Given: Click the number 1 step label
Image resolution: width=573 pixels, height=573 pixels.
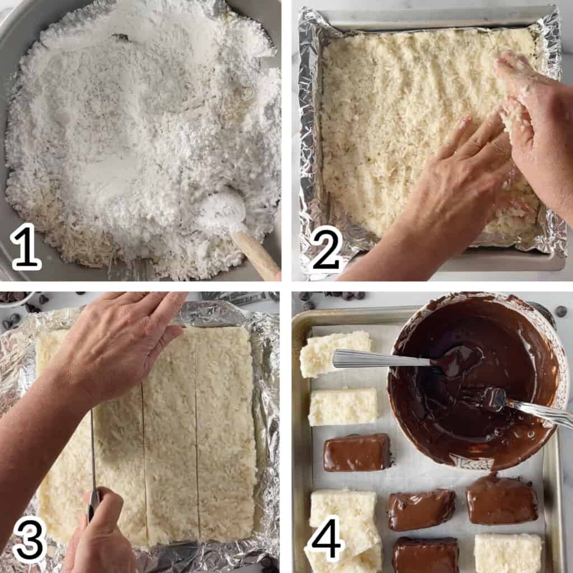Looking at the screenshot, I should coord(26,247).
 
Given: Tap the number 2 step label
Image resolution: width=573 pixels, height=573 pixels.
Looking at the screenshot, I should coord(326,247).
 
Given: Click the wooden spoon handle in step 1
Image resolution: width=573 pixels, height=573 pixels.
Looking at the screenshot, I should coord(257,255).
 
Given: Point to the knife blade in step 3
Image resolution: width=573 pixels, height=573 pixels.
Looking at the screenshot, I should coord(93,448).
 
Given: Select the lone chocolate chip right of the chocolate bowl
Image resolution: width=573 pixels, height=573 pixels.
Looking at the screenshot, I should coord(561,311).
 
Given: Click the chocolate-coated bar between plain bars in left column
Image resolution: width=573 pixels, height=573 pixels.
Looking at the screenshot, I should coord(357,452).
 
